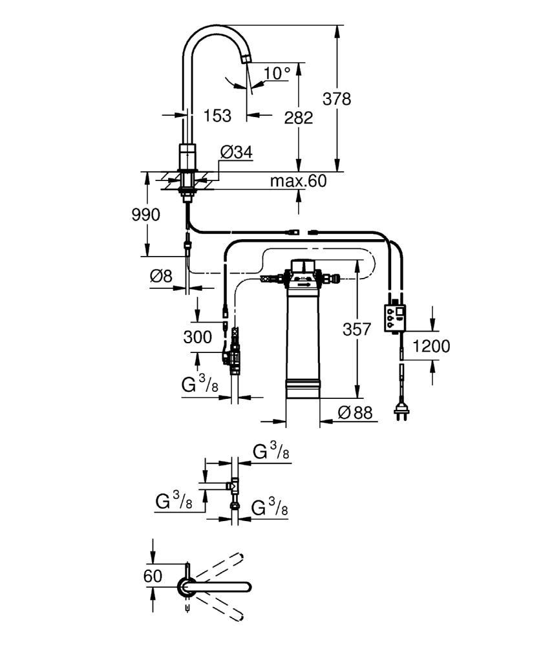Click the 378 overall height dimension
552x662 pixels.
point(336,99)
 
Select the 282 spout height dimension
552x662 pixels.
point(299,118)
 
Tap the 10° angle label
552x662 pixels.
point(277,73)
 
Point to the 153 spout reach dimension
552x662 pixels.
point(217,115)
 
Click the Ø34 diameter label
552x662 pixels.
point(237,151)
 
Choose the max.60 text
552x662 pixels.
point(299,181)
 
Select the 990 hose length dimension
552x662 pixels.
point(146,215)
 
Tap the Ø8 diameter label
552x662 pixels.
point(161,276)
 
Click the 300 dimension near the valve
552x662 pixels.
point(198,337)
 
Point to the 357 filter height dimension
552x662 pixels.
point(357,329)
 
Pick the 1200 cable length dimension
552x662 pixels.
point(431,347)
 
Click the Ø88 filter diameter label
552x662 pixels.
point(356,412)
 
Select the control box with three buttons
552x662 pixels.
point(394,318)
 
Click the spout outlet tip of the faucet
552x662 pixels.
point(246,60)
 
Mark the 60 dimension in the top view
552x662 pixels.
point(153,576)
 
